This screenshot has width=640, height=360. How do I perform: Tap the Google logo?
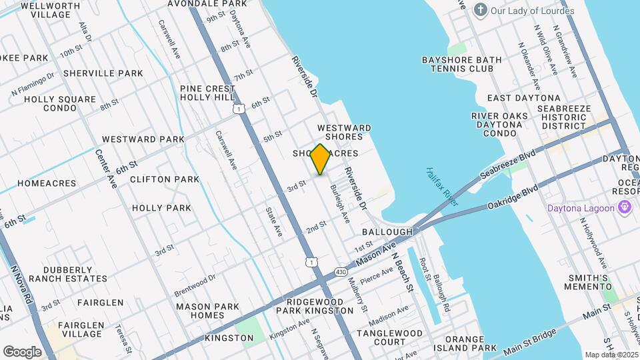(x=22, y=351)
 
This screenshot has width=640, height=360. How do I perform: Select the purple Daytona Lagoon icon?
(x=625, y=208)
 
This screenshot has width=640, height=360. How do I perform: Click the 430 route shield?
(x=341, y=271)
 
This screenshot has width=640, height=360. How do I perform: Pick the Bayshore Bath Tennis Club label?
(x=461, y=64)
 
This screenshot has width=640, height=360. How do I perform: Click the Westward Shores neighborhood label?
(x=344, y=132)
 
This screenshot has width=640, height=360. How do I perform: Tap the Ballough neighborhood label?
(x=387, y=231)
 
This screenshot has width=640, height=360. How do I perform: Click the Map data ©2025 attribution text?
(x=611, y=355)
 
